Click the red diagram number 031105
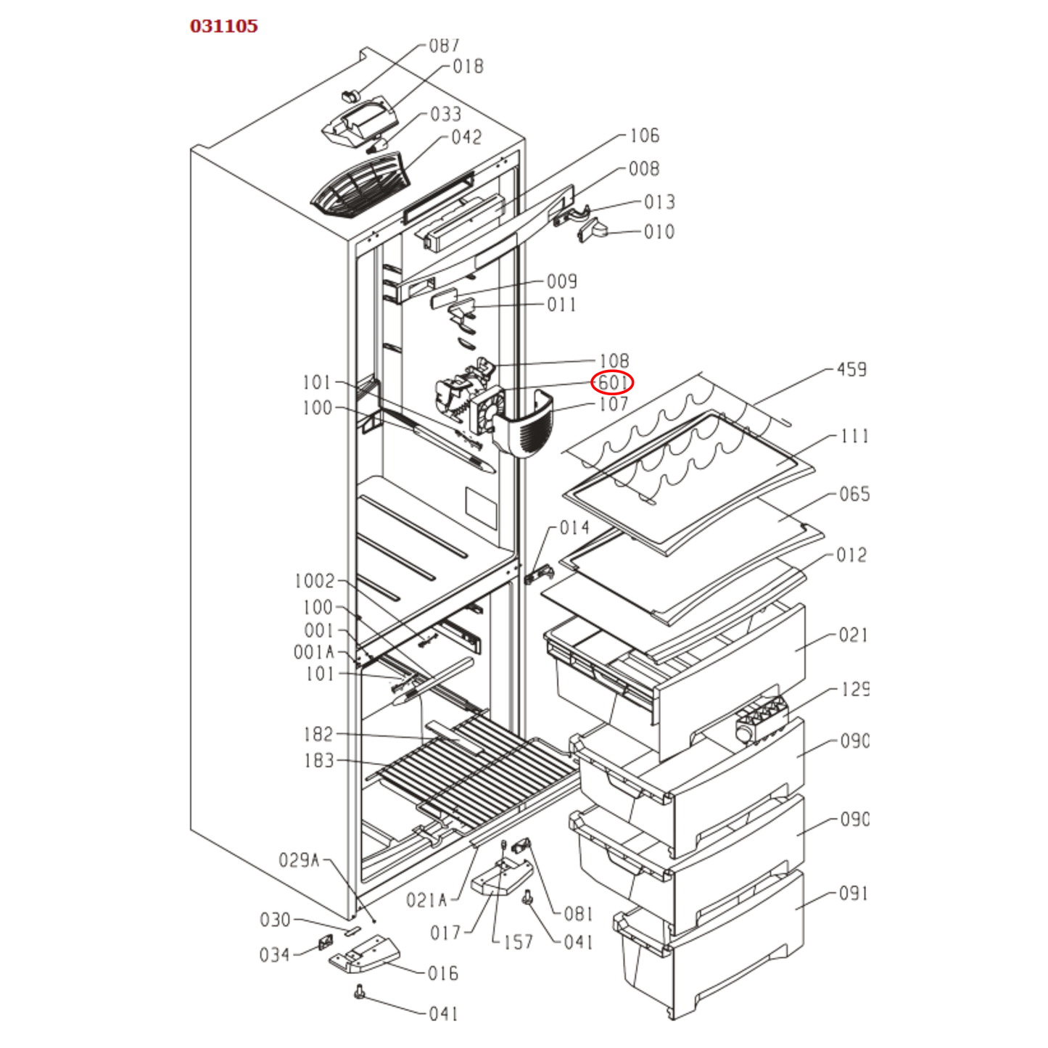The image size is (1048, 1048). pyautogui.click(x=223, y=26)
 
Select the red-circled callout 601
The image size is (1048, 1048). pyautogui.click(x=612, y=382)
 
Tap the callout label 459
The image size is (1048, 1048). pyautogui.click(x=851, y=370)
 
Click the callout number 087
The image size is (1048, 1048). pyautogui.click(x=444, y=46)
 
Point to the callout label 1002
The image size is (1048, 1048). pyautogui.click(x=314, y=581)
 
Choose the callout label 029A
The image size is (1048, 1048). pyautogui.click(x=299, y=860)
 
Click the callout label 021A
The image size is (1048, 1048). pyautogui.click(x=426, y=900)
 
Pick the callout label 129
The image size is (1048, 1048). pyautogui.click(x=854, y=689)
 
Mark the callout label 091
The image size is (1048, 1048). pyautogui.click(x=854, y=894)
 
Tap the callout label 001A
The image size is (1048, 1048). pyautogui.click(x=314, y=652)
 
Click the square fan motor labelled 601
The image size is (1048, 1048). pyautogui.click(x=487, y=410)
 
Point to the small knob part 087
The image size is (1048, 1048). pyautogui.click(x=351, y=95)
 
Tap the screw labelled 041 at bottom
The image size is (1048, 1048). pyautogui.click(x=359, y=992)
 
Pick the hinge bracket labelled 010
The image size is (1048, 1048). pyautogui.click(x=591, y=231)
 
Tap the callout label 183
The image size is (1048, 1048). pyautogui.click(x=318, y=761)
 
